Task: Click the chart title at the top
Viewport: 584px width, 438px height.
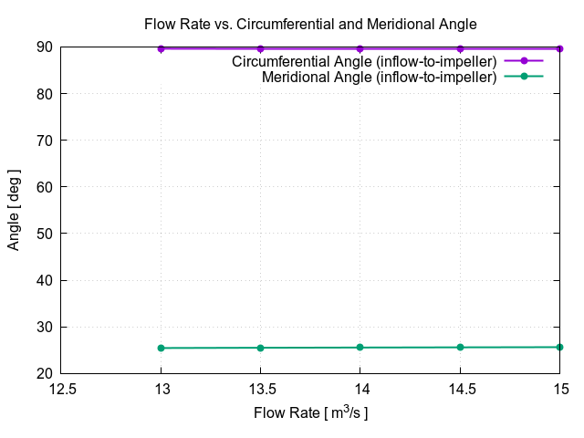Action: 310,24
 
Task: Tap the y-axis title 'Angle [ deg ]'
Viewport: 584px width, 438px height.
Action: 14,210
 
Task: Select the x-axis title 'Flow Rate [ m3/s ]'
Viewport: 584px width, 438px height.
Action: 310,412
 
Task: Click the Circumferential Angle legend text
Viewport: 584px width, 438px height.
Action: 364,61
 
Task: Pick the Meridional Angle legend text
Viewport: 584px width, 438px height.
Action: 379,78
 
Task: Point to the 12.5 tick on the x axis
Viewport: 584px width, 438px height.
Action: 62,388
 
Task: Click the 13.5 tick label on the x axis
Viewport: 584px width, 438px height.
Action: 261,388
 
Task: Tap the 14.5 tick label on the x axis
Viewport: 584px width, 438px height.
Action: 460,388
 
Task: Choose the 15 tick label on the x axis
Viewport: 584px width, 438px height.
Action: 560,388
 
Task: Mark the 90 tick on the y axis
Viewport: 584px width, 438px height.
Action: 44,47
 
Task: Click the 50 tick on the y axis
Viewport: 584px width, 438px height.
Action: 44,234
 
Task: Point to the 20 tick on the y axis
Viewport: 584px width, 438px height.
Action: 44,373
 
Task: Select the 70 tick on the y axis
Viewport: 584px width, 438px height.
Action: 44,140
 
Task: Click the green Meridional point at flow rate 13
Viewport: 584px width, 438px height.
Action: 162,348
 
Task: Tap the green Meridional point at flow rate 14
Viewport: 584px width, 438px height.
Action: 360,348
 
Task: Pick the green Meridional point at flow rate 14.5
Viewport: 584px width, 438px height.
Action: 460,347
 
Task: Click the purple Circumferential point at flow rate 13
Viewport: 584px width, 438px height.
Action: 162,48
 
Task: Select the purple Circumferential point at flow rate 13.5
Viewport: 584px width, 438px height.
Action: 261,48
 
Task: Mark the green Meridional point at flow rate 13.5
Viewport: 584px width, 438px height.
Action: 261,348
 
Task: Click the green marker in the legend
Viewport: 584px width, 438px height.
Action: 524,77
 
